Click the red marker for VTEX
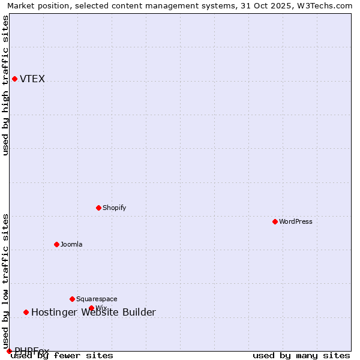[x=14, y=79]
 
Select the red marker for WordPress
[x=275, y=221]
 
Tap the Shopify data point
[x=98, y=208]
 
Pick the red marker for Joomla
[x=56, y=244]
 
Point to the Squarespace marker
[x=72, y=299]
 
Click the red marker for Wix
[x=91, y=308]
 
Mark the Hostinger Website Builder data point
[x=26, y=312]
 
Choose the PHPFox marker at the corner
[x=9, y=351]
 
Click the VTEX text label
[x=32, y=79]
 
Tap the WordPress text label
[x=296, y=221]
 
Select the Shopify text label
[x=114, y=208]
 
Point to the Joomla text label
[x=71, y=244]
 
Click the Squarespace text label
[x=97, y=299]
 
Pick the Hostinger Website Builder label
[x=94, y=312]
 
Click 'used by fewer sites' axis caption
[x=62, y=356]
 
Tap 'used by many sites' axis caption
[x=301, y=356]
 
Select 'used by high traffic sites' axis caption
[x=5, y=85]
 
